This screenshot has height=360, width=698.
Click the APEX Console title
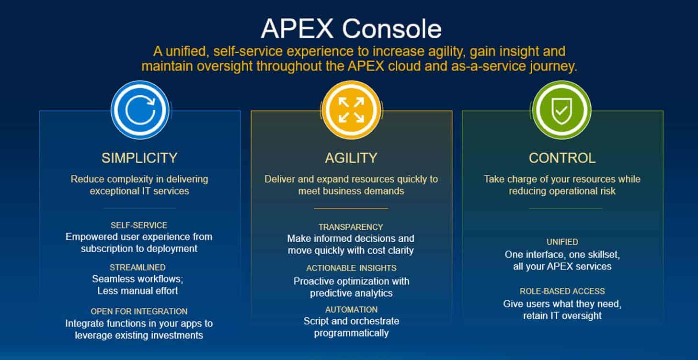coord(351,29)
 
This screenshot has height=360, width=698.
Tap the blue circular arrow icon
coord(140,110)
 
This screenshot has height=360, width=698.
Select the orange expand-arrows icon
coord(351,110)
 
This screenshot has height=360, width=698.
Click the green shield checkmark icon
coord(561,110)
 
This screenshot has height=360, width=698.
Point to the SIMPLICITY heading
coord(139,158)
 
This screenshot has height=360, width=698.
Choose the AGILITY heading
coord(351,158)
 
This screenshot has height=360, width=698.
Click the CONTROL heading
coord(562,158)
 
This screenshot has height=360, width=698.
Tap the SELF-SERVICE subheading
coord(139,225)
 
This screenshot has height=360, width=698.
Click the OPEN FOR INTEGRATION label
coord(139,312)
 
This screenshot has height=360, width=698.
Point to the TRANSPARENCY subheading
coord(351,227)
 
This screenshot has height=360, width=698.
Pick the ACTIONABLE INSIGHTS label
coord(351,268)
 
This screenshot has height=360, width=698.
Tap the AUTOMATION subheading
coord(351,310)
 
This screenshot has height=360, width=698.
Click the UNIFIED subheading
coord(562,242)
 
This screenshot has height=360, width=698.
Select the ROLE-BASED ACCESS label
coord(562,291)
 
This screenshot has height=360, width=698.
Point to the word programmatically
coord(351,333)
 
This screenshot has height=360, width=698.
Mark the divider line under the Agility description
coord(351,208)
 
